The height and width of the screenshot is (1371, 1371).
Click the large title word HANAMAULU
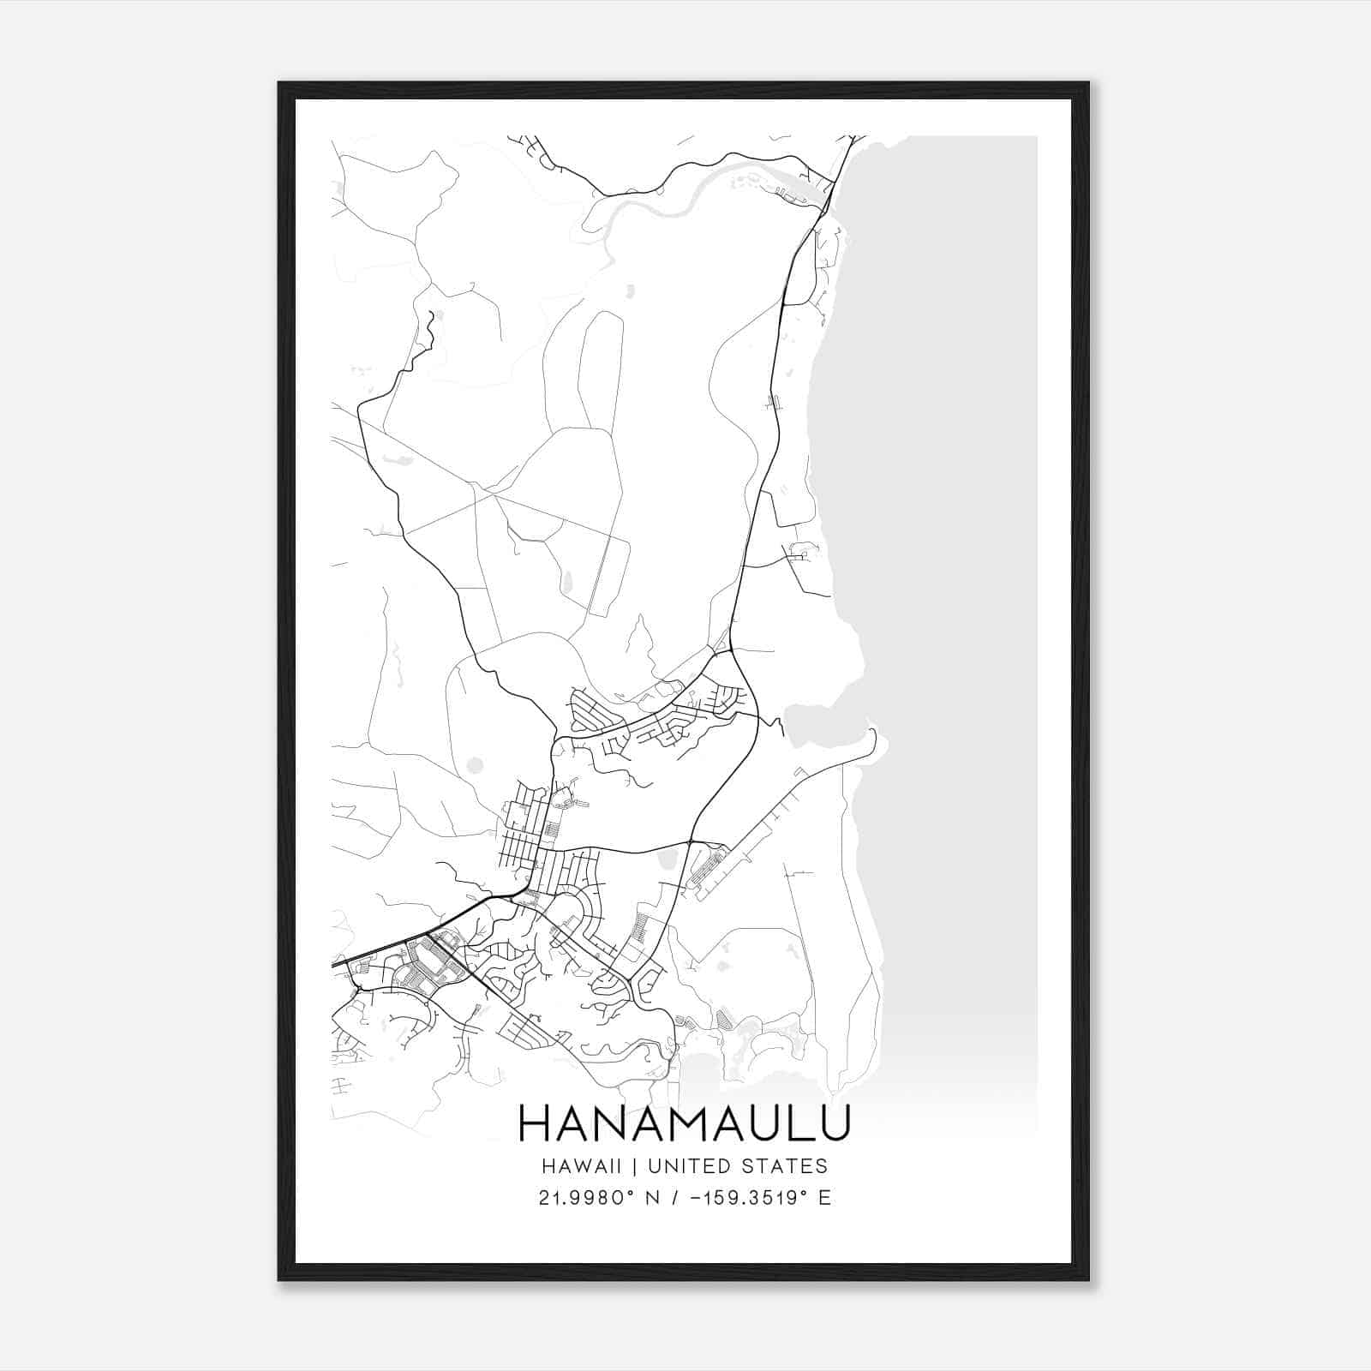[x=684, y=1123]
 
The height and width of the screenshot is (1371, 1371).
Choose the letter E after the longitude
[x=824, y=1198]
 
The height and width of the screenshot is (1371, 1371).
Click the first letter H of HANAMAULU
[x=533, y=1123]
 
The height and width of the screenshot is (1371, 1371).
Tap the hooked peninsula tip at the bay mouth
[x=875, y=733]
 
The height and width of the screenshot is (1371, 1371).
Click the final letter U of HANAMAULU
[x=835, y=1123]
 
